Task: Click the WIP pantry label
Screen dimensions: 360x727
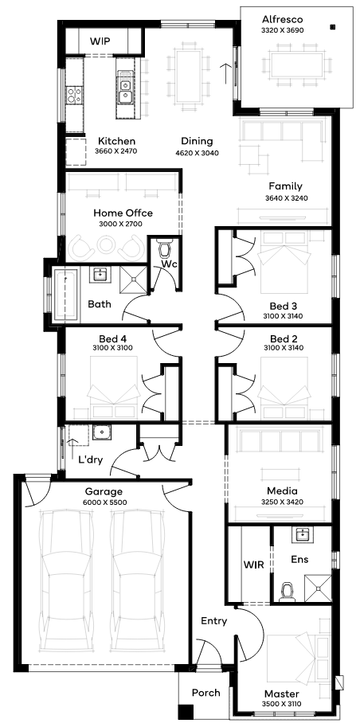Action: point(100,41)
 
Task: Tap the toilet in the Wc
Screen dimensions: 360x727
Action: point(165,248)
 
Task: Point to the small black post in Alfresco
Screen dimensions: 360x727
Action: point(333,27)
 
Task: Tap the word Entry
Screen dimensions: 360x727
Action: point(214,621)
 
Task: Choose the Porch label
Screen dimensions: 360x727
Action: point(206,693)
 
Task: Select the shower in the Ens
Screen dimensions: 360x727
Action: point(318,588)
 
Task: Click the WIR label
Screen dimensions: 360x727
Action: point(254,565)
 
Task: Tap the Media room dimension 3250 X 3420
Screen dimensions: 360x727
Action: point(283,502)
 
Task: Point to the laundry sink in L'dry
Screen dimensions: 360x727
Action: point(100,432)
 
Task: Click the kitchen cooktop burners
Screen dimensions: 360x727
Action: point(74,95)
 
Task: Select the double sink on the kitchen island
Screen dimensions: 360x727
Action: point(124,92)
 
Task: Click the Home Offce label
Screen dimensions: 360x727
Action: point(123,213)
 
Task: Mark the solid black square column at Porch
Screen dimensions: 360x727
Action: point(186,712)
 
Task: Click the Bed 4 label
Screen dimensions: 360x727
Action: point(110,338)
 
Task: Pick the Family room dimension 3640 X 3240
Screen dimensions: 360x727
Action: point(286,197)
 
